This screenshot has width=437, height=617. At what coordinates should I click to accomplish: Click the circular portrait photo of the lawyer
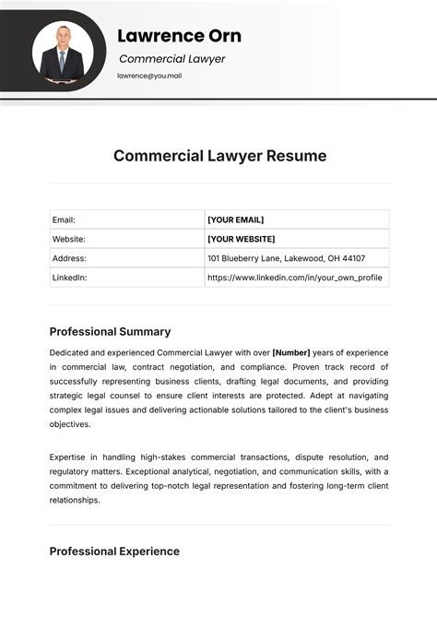coord(64,51)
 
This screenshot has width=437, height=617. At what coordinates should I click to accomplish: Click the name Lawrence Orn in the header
coord(179,36)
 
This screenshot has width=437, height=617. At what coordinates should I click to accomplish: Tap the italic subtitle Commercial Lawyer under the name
coord(171,59)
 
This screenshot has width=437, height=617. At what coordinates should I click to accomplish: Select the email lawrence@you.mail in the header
coord(149,76)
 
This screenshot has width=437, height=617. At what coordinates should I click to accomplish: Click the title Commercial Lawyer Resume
coord(219,156)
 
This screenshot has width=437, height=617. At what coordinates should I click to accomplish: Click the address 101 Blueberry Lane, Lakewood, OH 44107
coord(286,258)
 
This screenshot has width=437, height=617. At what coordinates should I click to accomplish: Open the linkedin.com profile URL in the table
coord(294,278)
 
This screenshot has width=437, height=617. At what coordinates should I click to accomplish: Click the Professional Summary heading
coord(110,331)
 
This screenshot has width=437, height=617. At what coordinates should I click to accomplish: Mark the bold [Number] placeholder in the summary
coord(290,353)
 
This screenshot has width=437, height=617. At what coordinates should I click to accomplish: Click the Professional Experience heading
coord(114,552)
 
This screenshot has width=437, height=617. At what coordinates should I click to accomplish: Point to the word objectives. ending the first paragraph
coord(70,425)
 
